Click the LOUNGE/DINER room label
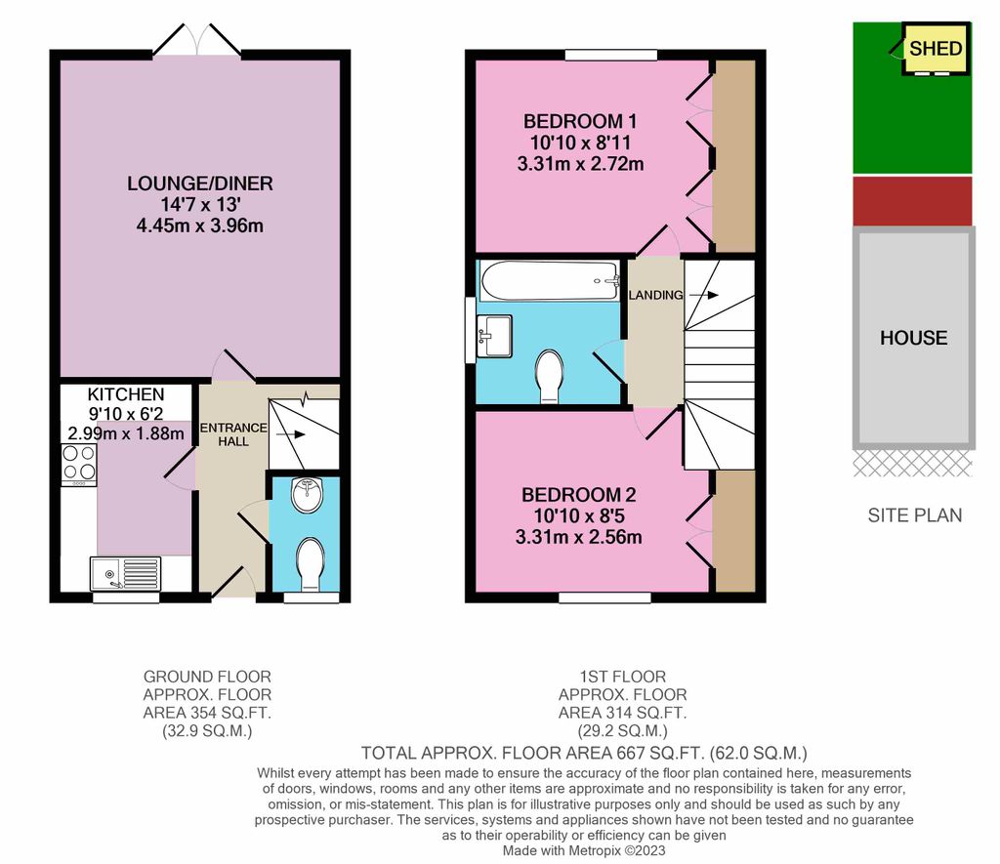click(x=199, y=184)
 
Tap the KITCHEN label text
click(x=126, y=394)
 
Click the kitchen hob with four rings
click(x=78, y=464)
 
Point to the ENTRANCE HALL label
click(x=232, y=434)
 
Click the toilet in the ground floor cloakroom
click(x=312, y=563)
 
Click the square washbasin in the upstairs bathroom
click(x=494, y=336)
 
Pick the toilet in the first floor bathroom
click(x=550, y=376)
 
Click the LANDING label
click(x=654, y=295)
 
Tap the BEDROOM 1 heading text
click(x=580, y=122)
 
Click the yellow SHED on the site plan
click(x=936, y=49)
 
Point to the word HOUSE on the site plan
click(x=913, y=338)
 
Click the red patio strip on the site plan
click(x=913, y=201)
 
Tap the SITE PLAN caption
click(x=914, y=515)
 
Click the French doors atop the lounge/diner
click(x=198, y=41)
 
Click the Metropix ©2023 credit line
click(x=583, y=851)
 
